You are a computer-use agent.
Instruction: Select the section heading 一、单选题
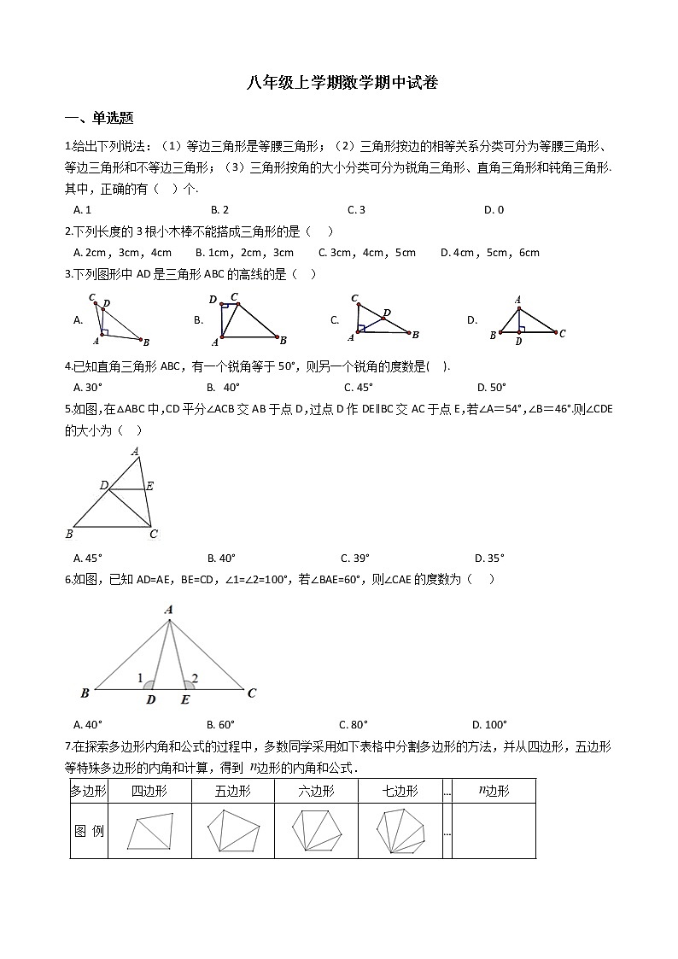coord(99,119)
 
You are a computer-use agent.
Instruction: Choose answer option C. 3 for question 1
coord(356,209)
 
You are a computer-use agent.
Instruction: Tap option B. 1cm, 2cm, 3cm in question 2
coord(244,252)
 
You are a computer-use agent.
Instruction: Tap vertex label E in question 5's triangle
coord(149,486)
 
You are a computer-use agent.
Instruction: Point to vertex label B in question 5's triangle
coord(69,535)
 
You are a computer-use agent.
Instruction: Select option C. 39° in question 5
coord(354,558)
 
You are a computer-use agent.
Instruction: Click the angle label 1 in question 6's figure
coord(140,677)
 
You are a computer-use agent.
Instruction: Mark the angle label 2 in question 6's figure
coord(195,677)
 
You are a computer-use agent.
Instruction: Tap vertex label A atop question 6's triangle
coord(169,610)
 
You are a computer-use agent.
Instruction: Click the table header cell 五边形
coord(233,791)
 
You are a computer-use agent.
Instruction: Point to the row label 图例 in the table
coord(88,830)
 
